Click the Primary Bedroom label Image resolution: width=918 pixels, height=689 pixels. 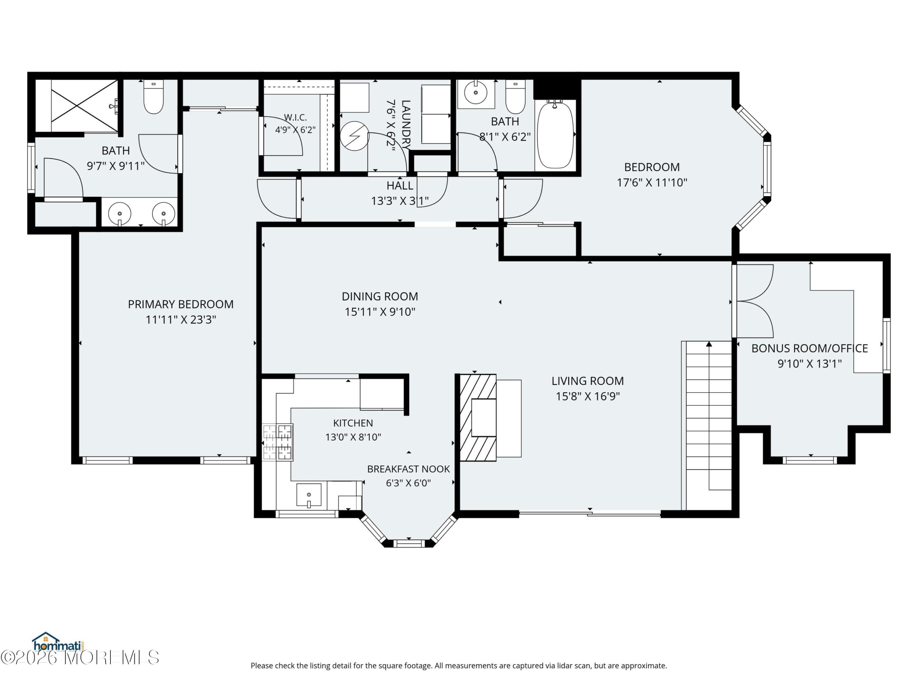pos(180,304)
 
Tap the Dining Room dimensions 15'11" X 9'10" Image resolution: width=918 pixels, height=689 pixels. pos(380,312)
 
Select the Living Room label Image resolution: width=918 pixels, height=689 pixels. pos(587,381)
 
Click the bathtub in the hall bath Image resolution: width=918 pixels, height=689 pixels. pos(555,135)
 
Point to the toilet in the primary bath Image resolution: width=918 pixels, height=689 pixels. pos(153,97)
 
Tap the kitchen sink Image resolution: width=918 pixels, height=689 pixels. pos(309,495)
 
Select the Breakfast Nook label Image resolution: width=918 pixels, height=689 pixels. pos(408,469)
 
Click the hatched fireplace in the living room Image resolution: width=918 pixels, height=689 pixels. pos(478,417)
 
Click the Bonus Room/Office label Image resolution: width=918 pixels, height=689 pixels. pos(809,348)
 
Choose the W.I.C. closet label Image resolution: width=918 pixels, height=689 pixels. pos(295,118)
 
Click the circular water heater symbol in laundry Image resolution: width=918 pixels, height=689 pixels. pos(354,135)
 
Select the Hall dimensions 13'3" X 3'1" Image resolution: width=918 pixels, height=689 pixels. pos(400,201)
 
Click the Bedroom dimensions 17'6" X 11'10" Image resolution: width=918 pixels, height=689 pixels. pos(652,183)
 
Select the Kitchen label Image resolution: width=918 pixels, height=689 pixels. pos(353,423)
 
